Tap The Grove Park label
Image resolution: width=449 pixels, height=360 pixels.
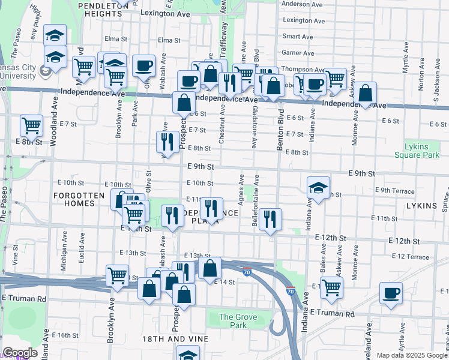[233, 321]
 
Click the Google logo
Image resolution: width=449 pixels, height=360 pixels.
[20, 353]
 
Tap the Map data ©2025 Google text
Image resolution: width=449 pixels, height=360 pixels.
[412, 355]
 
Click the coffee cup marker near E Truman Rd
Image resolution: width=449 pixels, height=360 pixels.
[391, 293]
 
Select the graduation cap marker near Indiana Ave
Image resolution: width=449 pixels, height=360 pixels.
[318, 187]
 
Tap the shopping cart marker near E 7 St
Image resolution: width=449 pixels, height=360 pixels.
[31, 125]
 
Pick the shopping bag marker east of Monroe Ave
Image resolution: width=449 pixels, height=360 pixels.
[365, 93]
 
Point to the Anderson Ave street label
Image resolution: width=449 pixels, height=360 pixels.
[299, 4]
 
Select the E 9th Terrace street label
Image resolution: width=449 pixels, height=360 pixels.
[394, 191]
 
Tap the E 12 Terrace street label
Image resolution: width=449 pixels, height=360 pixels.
[410, 256]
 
